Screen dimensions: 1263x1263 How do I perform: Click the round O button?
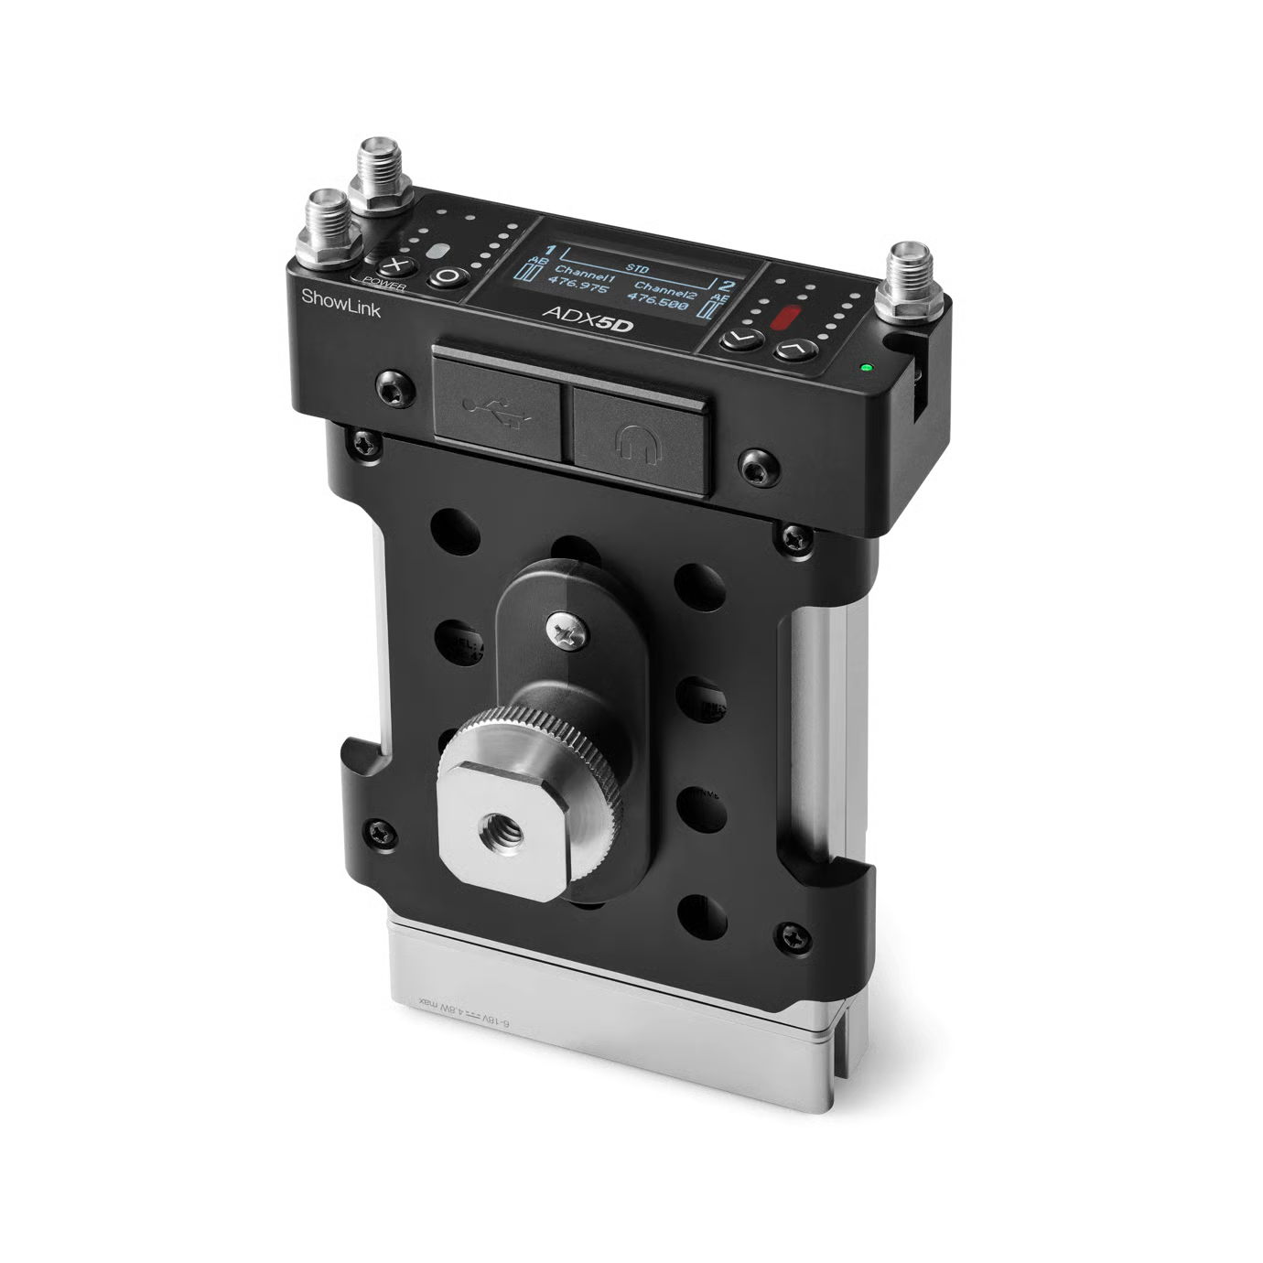448,275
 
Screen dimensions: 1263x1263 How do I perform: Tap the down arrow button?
741,340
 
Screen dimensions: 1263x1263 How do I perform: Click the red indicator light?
785,318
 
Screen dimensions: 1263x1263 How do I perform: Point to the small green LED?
865,369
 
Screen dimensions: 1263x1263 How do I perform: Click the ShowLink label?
340,303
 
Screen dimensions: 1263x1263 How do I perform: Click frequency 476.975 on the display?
581,286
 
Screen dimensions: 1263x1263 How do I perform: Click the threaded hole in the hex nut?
501,831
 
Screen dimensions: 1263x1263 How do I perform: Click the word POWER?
384,284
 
